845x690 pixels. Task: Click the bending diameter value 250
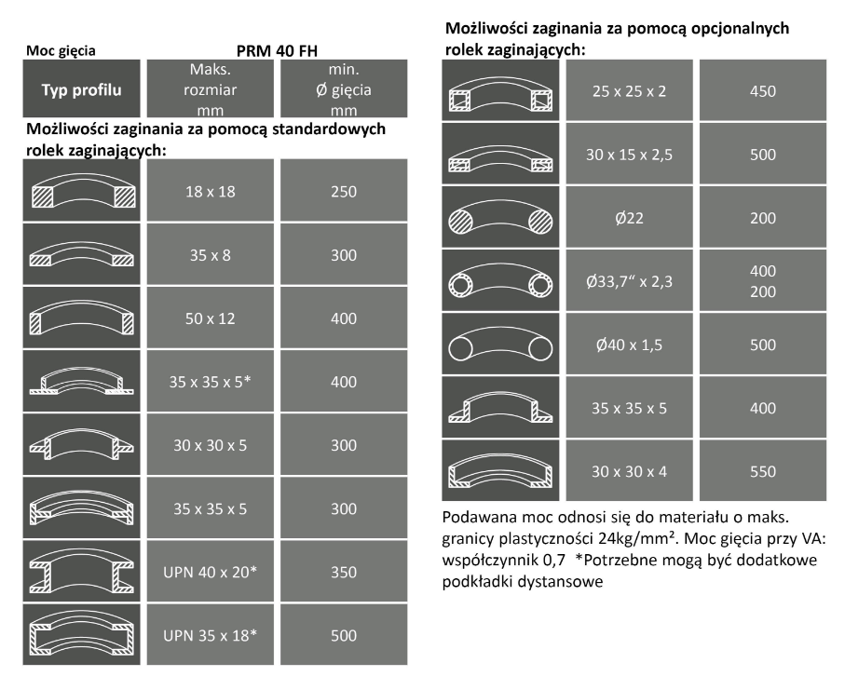click(x=343, y=191)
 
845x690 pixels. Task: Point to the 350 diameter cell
click(x=343, y=572)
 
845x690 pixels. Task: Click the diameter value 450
click(x=762, y=91)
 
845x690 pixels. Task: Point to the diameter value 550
click(x=762, y=471)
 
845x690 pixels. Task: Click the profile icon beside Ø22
click(x=499, y=218)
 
